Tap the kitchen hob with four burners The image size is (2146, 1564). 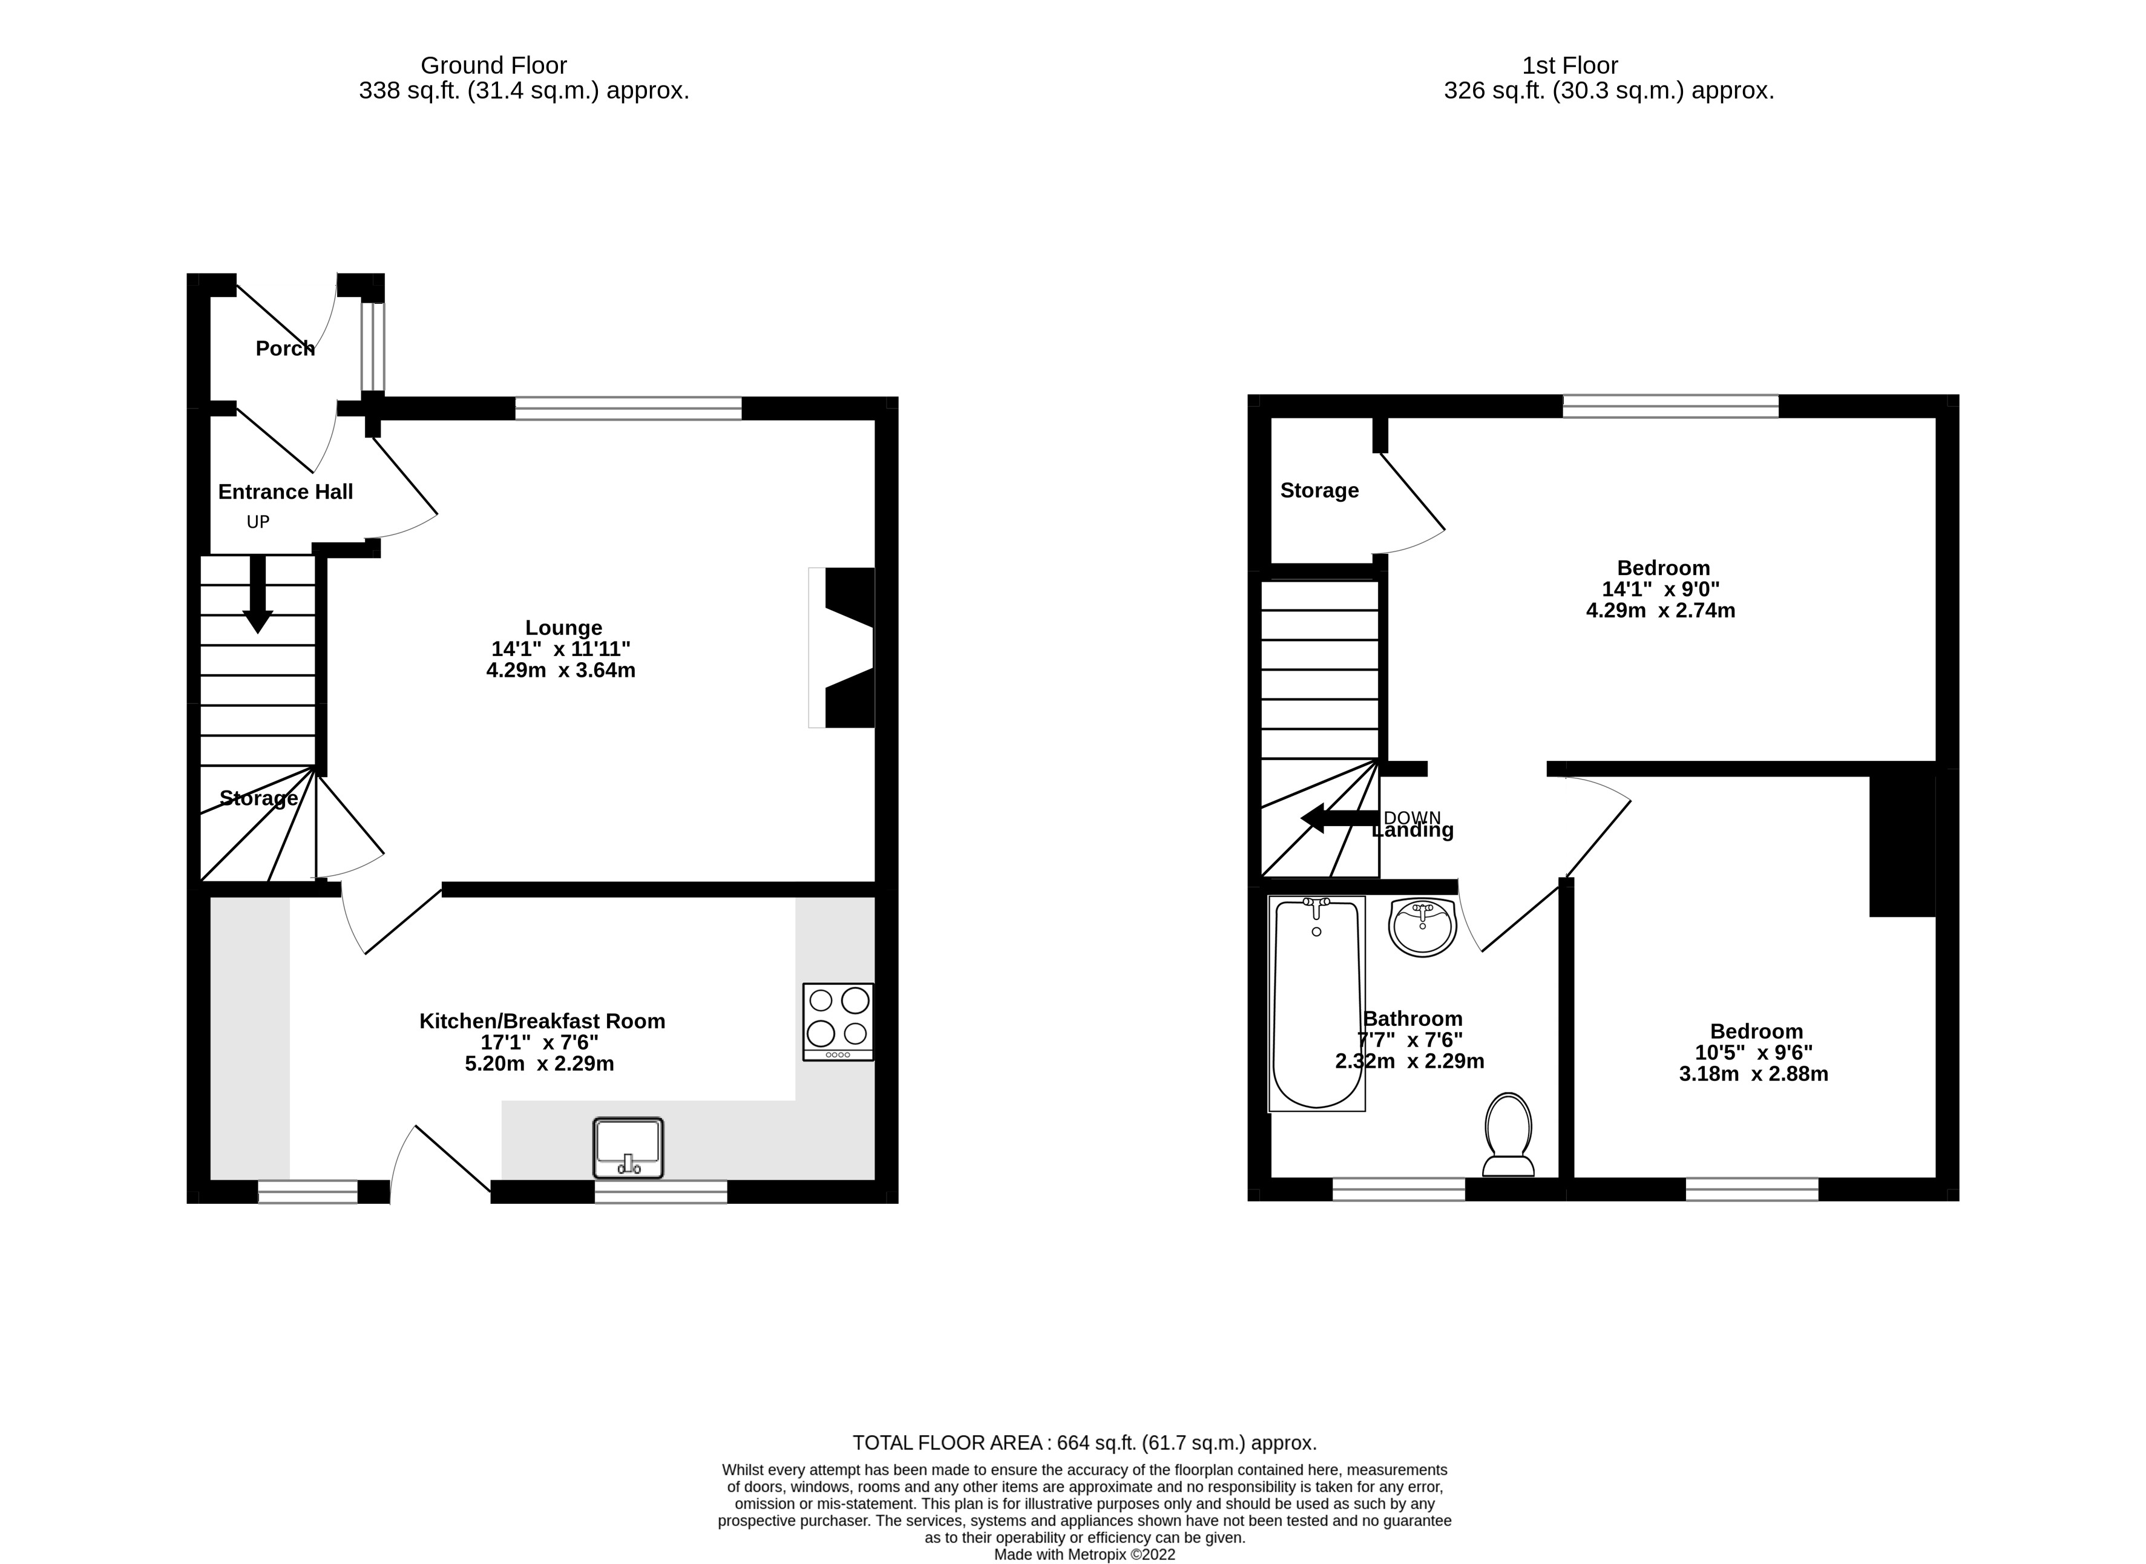(x=838, y=1022)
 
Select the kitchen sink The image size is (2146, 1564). (x=628, y=1148)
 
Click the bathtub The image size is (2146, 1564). (x=1317, y=1004)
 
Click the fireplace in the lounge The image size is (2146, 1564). (x=845, y=648)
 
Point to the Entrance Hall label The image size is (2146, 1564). (x=285, y=491)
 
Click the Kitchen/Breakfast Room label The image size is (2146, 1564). (x=542, y=1020)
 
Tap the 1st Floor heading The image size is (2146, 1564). (x=1569, y=65)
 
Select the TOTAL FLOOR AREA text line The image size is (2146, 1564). (x=1084, y=1443)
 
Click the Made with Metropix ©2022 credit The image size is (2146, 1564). (x=1084, y=1554)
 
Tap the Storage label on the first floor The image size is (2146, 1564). (x=1319, y=490)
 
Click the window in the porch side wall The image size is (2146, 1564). (x=373, y=346)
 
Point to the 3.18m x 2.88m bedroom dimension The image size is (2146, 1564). (x=1753, y=1074)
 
